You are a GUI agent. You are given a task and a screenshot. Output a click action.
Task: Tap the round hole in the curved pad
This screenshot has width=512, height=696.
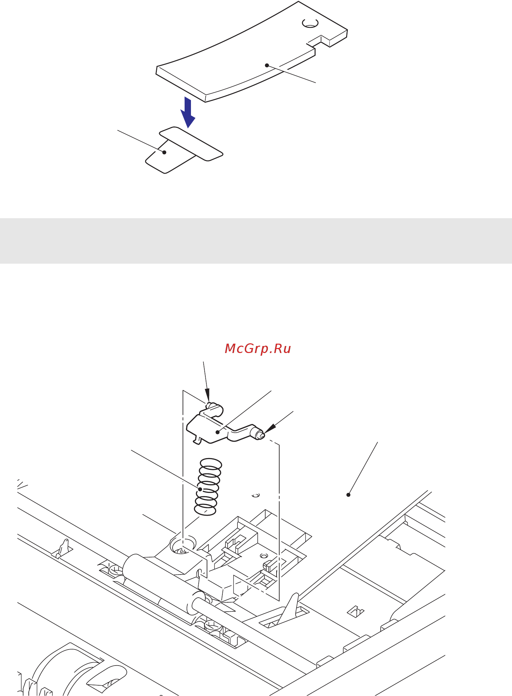310,23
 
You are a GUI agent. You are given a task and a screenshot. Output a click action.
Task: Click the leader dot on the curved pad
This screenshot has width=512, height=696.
267,65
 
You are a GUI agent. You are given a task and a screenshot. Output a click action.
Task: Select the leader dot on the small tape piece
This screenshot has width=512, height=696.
164,152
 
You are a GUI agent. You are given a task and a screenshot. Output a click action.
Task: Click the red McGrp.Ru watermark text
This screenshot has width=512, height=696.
258,349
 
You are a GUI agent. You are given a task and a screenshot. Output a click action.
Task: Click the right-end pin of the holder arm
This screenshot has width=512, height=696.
258,434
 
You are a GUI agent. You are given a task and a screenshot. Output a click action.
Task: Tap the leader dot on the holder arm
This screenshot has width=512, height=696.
218,432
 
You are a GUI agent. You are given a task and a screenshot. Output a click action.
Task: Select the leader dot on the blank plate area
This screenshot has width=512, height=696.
348,495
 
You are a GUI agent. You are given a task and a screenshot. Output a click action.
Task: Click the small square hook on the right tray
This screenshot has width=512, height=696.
355,611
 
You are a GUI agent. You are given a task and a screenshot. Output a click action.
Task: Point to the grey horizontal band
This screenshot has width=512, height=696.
256,241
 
